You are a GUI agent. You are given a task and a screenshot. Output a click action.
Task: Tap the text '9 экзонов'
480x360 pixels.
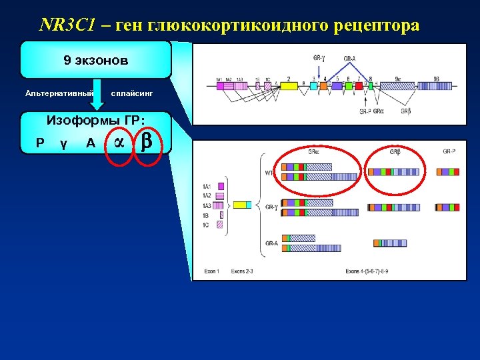tap(96, 61)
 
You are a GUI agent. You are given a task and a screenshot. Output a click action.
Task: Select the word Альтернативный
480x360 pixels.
tap(59, 93)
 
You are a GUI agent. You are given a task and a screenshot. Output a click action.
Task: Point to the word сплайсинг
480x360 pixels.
tap(131, 93)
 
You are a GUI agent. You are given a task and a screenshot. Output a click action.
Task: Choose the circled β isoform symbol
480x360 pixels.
tap(148, 141)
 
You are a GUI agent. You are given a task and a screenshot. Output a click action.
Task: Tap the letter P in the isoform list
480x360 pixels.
tap(41, 143)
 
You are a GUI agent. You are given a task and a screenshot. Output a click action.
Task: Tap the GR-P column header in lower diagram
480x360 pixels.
tap(450, 151)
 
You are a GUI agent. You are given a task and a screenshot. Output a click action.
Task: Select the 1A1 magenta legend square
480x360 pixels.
tap(221, 185)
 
